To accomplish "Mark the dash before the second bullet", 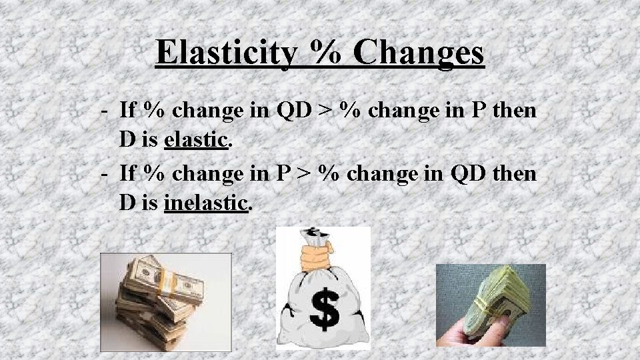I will pos(105,173).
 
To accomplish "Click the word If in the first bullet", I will pos(128,111).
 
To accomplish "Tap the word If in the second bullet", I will pos(128,173).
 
